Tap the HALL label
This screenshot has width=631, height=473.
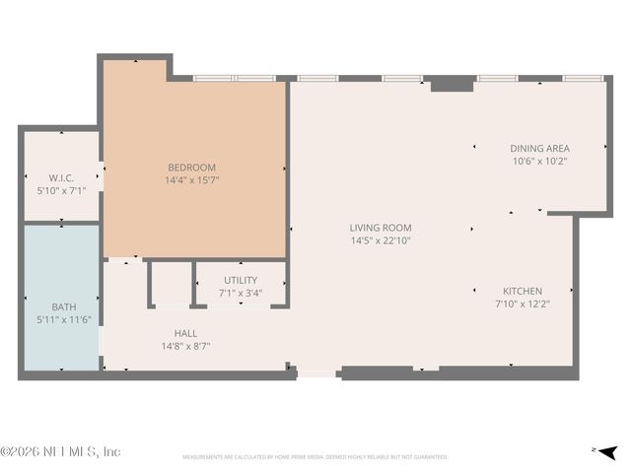click(x=185, y=333)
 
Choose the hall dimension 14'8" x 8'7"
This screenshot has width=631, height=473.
click(x=185, y=346)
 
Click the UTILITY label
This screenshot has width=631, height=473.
click(x=241, y=281)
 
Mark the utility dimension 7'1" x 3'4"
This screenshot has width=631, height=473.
click(x=241, y=293)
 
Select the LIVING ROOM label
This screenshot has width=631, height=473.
click(x=380, y=228)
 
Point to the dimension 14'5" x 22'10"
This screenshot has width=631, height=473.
click(x=380, y=240)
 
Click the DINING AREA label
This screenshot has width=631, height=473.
click(x=539, y=149)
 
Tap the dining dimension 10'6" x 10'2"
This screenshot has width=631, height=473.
click(x=539, y=161)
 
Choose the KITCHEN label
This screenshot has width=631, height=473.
click(x=522, y=292)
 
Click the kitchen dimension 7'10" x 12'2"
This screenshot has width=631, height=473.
click(x=522, y=304)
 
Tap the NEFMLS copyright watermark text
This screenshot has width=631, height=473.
click(x=60, y=451)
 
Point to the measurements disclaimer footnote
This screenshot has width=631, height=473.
click(x=315, y=457)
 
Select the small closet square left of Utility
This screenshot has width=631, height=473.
click(x=171, y=284)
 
